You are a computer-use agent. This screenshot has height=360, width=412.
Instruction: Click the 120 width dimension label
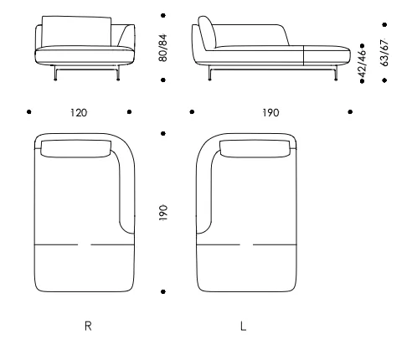tap(79, 113)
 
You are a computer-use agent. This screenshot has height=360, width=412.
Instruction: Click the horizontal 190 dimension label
tap(270, 113)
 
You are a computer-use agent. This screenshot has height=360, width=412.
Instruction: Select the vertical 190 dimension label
tap(163, 213)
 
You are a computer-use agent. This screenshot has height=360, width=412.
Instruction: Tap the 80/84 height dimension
tap(162, 48)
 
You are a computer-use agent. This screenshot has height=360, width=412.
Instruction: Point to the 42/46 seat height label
tap(362, 64)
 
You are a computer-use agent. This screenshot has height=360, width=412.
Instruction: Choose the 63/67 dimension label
tap(384, 53)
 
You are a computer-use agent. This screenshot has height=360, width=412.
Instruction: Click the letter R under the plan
tap(88, 326)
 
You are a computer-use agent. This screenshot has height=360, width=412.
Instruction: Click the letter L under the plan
tap(243, 326)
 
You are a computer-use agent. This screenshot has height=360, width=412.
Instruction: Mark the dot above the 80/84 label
tap(163, 15)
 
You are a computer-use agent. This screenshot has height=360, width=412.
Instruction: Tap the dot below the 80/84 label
tap(163, 80)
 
